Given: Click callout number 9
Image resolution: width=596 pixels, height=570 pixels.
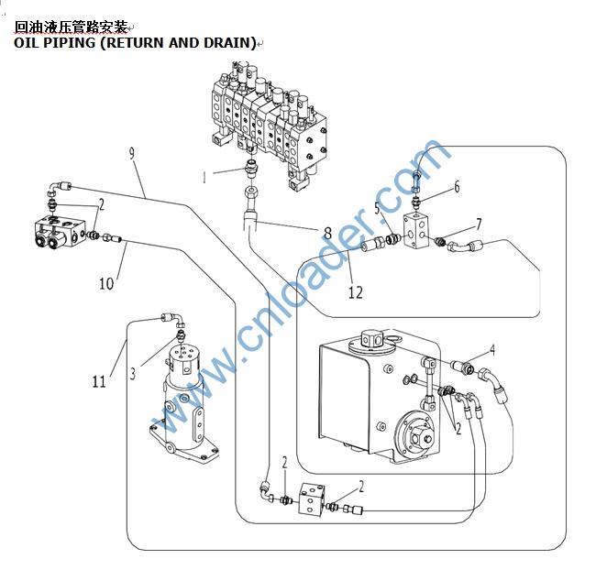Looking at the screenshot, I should pyautogui.click(x=132, y=153).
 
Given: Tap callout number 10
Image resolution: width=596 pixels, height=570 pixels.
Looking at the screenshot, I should pyautogui.click(x=106, y=283).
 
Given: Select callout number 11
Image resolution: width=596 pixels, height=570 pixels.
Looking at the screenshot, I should pyautogui.click(x=99, y=381).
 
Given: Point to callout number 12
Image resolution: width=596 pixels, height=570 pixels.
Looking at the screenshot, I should pyautogui.click(x=356, y=292).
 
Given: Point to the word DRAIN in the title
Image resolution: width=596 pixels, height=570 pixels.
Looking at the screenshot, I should pyautogui.click(x=222, y=43).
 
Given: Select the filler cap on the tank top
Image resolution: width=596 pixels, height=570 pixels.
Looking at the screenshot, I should pyautogui.click(x=371, y=339).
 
